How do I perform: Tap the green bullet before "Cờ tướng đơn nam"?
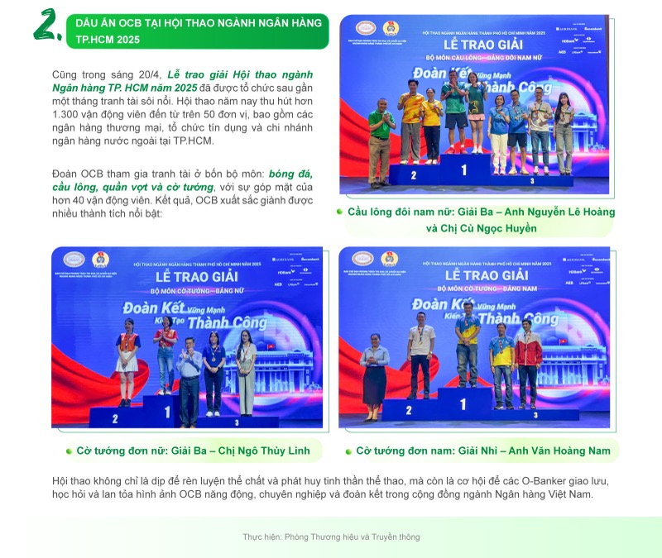(348, 451)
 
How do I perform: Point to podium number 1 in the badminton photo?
(463, 170)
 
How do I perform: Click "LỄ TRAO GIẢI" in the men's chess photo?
(486, 274)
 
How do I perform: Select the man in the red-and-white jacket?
(527, 364)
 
